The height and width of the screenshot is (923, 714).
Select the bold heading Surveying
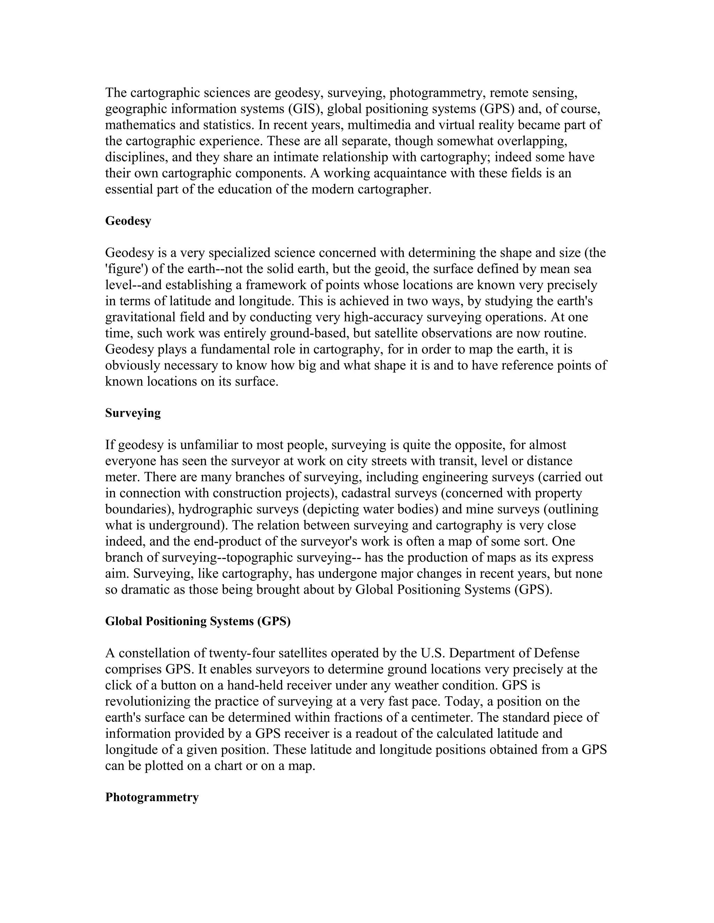[133, 413]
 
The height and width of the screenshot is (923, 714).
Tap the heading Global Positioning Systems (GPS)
[198, 621]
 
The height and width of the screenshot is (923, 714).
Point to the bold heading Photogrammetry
[152, 798]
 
